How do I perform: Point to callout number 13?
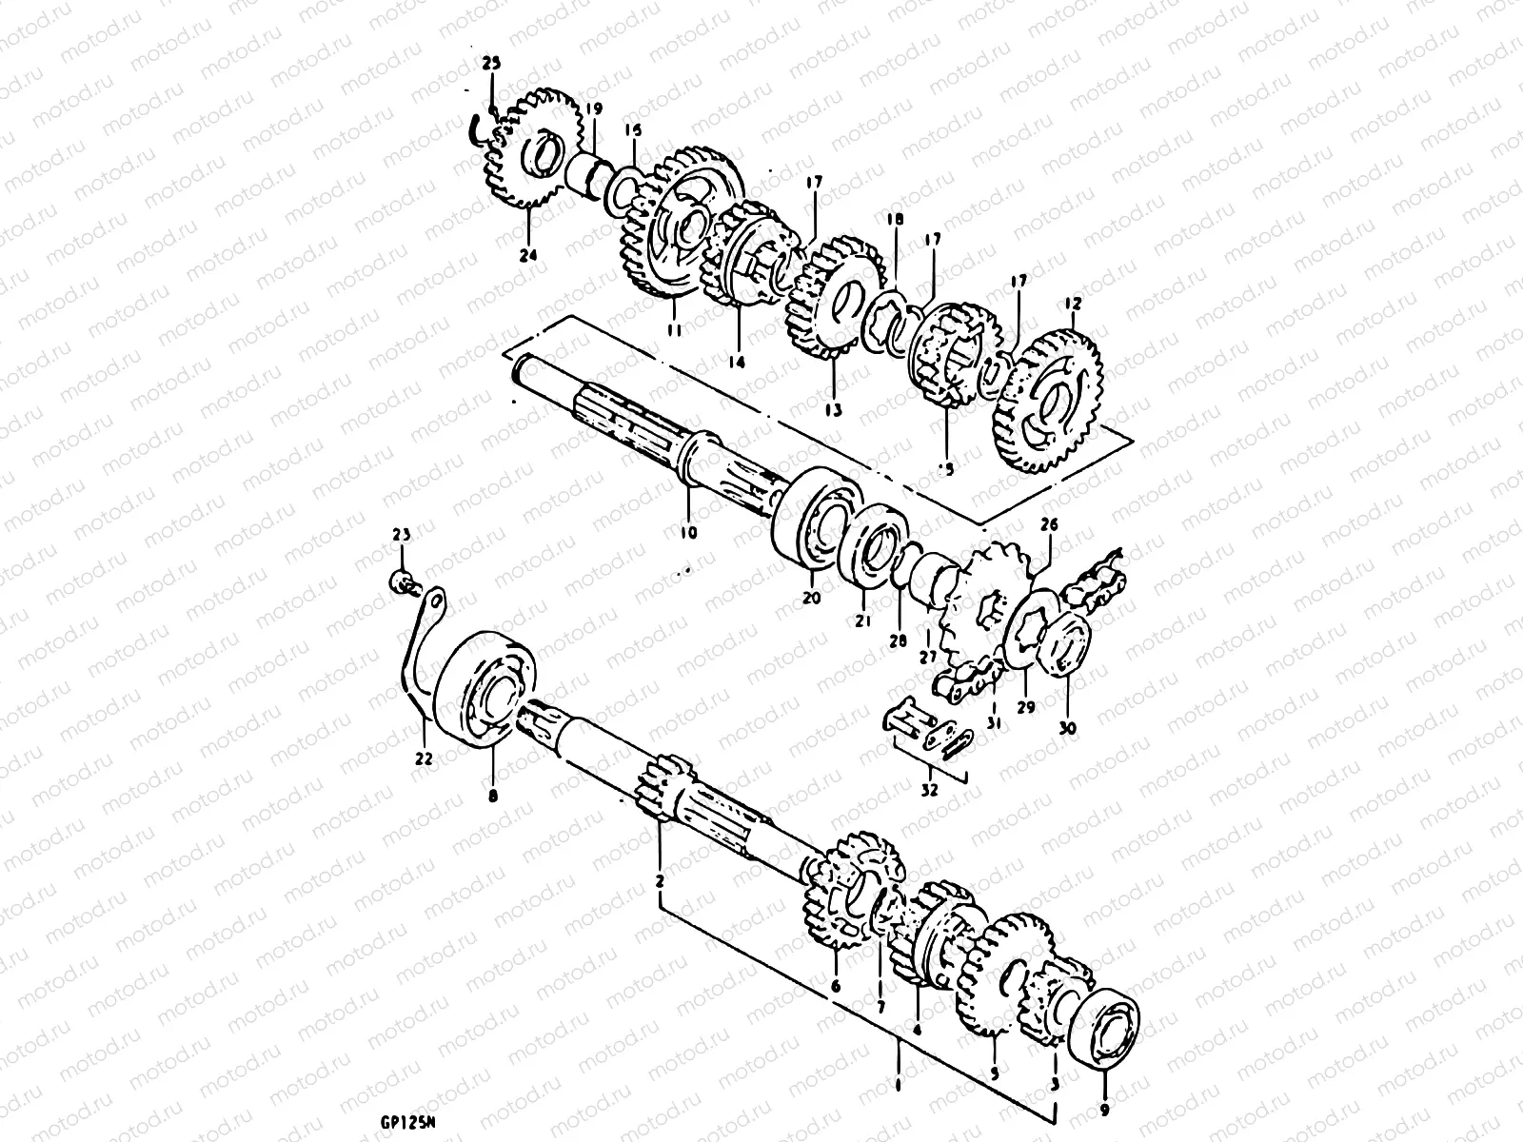pos(834,410)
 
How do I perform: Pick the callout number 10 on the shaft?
pos(688,532)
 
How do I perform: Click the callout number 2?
pos(659,883)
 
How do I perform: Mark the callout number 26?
pos(1048,522)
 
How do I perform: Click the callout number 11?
pos(673,331)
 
